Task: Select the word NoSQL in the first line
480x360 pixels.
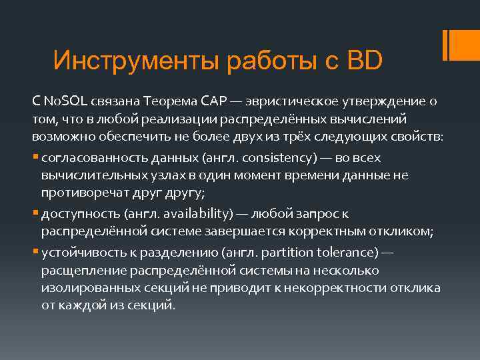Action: (64, 101)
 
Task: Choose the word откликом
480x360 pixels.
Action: (399, 231)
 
